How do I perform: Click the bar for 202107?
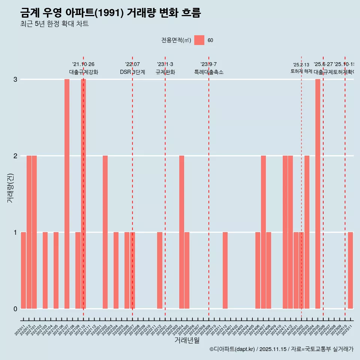pos(67,194)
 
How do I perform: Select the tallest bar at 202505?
pos(318,194)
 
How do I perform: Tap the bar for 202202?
pos(105,232)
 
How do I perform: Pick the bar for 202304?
pos(181,232)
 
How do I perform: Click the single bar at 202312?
pos(225,270)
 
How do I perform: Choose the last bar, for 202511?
pos(350,270)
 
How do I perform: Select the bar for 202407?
pos(263,232)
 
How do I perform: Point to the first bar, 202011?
pos(23,270)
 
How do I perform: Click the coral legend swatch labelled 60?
pos(199,40)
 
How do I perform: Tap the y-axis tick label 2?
pos(15,156)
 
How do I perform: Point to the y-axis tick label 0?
pos(15,309)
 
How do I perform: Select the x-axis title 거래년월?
pos(187,340)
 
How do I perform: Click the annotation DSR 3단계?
pos(132,72)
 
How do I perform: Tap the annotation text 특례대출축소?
pos(208,72)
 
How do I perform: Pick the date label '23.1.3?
pos(165,64)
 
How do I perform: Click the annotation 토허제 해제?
pos(301,71)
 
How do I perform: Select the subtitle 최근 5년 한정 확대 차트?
pos(54,24)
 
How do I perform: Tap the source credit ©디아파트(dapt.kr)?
pos(232,349)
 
